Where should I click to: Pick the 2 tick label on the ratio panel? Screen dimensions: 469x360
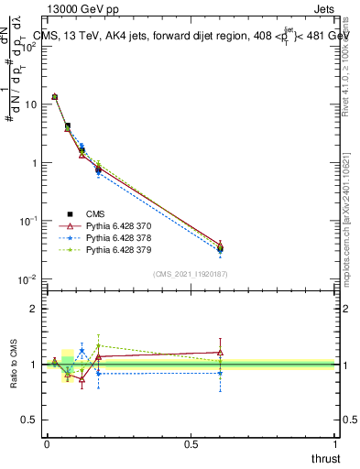(33, 309)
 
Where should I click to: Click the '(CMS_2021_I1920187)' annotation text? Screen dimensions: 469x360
(191, 274)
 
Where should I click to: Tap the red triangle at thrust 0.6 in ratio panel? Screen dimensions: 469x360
(220, 352)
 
